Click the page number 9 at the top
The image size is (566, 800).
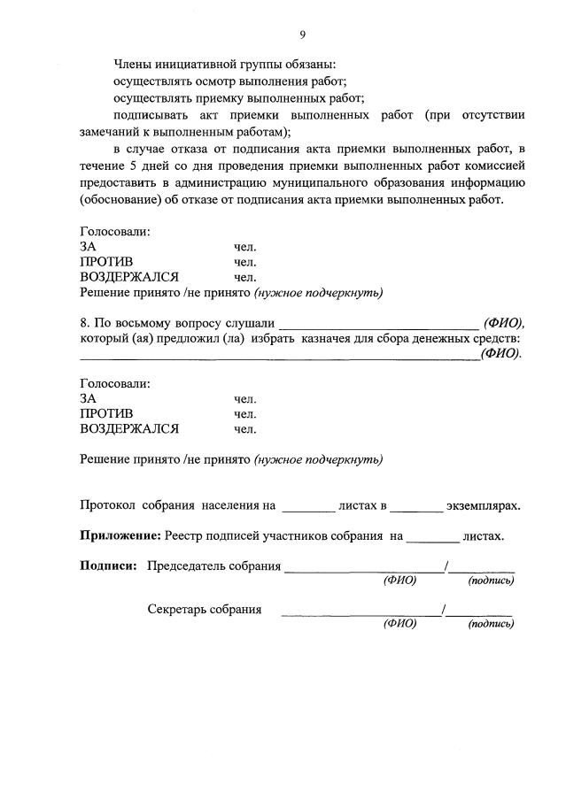tap(302, 35)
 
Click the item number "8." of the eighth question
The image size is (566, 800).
tap(86, 323)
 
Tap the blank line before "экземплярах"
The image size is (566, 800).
tap(415, 508)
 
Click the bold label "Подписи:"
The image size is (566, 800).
tap(108, 566)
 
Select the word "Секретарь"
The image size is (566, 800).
tap(176, 610)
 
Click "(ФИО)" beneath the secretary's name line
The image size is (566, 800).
tap(399, 623)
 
